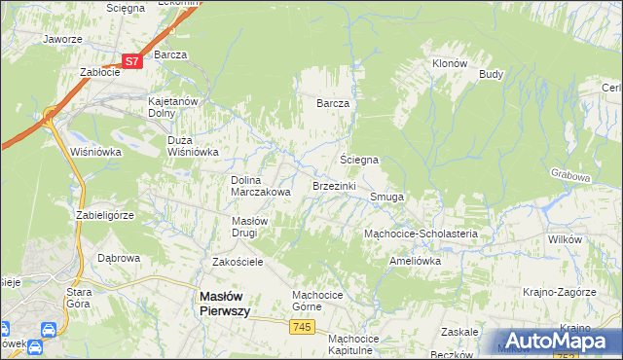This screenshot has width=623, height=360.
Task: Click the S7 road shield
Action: (x=133, y=60)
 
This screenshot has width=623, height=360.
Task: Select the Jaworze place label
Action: (x=61, y=40)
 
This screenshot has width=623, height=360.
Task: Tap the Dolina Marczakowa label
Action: (x=260, y=186)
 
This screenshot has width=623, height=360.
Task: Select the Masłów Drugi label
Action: (x=257, y=227)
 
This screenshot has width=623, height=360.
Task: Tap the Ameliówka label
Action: (x=415, y=261)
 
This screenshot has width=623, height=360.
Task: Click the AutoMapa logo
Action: (x=561, y=340)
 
